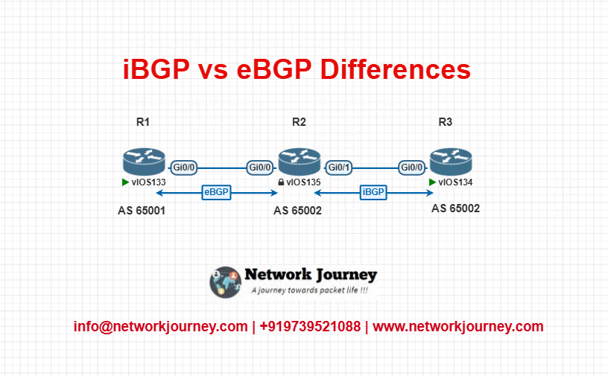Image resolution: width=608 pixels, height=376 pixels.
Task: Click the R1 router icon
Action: coord(145,162)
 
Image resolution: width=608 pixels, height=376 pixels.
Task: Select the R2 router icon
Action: coord(300,162)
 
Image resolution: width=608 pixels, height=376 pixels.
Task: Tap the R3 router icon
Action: coord(451,162)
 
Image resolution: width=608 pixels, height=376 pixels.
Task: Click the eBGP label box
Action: coord(216,192)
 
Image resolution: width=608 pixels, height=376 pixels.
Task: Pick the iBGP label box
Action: coord(373,192)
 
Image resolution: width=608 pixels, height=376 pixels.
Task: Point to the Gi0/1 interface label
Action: coord(339,168)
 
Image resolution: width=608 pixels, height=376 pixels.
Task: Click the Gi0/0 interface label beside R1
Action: coord(184,168)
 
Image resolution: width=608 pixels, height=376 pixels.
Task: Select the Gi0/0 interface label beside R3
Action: coord(412,168)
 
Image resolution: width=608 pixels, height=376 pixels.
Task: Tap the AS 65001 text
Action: coord(142,211)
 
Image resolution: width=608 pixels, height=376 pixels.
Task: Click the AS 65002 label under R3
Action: coord(455,208)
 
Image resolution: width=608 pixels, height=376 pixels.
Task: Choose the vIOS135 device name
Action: coord(303,182)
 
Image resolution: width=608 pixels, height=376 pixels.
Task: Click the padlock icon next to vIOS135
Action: coord(281,182)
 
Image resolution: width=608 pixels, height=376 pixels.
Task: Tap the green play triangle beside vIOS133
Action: coord(125,182)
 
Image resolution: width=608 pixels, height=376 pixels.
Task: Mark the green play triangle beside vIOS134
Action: coord(432,182)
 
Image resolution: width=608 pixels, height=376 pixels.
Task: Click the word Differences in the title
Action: coord(395,69)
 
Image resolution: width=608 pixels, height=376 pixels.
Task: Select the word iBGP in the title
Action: coord(156,69)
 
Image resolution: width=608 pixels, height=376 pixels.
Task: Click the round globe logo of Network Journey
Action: coord(225,281)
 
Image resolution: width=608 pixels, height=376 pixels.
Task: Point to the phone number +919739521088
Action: coord(310,326)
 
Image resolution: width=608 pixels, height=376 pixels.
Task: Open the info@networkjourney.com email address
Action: coord(160,327)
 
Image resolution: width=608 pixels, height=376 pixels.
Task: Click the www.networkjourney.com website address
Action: coord(458,327)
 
